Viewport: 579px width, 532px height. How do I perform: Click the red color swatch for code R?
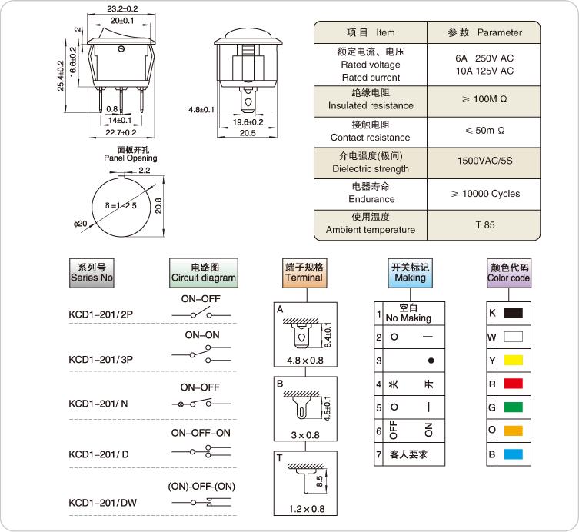(x=514, y=384)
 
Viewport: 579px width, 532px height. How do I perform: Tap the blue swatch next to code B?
(x=514, y=454)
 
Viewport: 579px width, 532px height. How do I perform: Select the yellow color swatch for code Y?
(x=514, y=360)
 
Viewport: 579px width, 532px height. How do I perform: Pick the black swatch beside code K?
(x=514, y=313)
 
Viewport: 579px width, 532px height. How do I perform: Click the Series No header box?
(x=92, y=273)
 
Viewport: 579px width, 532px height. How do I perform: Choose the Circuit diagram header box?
(x=204, y=273)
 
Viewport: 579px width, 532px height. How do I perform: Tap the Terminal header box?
(x=304, y=273)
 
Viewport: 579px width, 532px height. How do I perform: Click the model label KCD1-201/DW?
(x=103, y=503)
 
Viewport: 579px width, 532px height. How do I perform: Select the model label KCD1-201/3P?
(x=101, y=360)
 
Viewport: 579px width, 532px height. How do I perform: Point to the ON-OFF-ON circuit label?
(x=201, y=433)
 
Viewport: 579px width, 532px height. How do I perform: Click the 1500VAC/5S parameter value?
(x=485, y=161)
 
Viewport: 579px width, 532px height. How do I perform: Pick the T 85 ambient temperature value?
(x=485, y=224)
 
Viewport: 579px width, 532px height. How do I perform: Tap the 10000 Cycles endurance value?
(x=486, y=194)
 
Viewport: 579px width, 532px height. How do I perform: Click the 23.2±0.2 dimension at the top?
(x=122, y=8)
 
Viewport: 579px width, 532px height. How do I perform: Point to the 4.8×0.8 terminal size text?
(x=305, y=361)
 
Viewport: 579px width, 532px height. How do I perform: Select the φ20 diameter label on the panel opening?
(x=80, y=224)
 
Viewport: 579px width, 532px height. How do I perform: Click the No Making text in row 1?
(x=408, y=318)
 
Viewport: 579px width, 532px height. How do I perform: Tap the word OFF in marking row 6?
(x=394, y=430)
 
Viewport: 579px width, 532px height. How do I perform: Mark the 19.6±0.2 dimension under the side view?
(x=248, y=122)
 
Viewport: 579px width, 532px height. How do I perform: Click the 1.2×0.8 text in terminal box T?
(x=307, y=509)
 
